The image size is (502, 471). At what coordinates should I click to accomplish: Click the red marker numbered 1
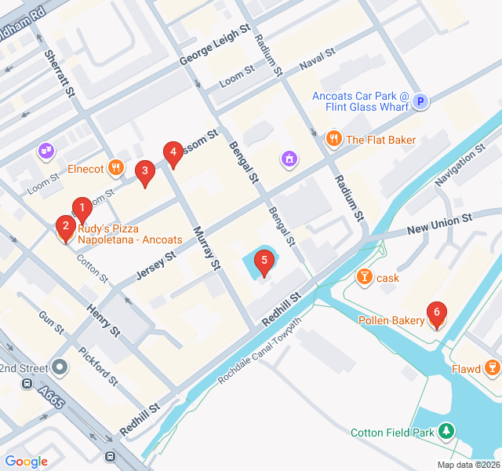pos(81,208)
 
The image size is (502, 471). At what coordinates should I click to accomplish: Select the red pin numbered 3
pos(144,172)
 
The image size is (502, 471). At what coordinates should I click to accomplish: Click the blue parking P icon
pos(420,100)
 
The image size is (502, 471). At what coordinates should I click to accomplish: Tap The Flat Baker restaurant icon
pos(333,139)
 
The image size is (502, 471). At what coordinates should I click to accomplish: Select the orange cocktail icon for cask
pos(364,277)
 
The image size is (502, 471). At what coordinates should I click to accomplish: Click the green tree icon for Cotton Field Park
pos(446,431)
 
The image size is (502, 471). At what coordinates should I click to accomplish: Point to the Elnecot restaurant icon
pos(116,166)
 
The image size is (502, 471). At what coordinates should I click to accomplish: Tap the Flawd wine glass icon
pos(491,367)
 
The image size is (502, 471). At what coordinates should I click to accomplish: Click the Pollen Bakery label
pos(391,320)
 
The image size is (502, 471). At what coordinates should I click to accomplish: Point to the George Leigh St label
pos(214,43)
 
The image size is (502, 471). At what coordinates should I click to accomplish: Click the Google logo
pos(26,462)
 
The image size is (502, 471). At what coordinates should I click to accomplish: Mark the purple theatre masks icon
pos(45,149)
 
